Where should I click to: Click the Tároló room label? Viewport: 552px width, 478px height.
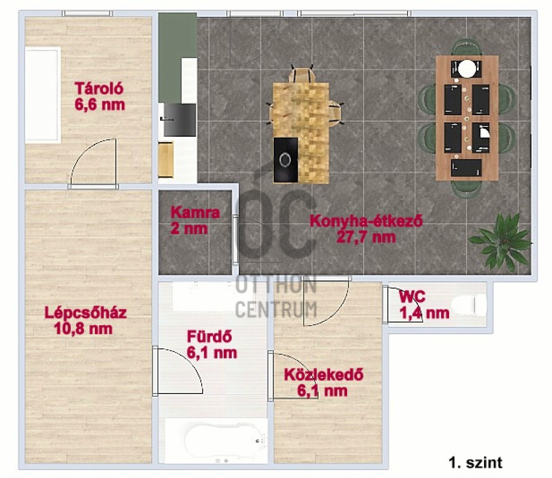tap(99, 89)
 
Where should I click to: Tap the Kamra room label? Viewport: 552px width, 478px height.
tap(195, 213)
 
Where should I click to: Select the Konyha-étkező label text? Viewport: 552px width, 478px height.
tap(366, 221)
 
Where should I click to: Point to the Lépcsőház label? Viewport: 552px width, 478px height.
tap(86, 313)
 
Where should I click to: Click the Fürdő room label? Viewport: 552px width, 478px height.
tap(210, 337)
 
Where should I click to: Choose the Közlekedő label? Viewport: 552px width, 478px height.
tap(323, 375)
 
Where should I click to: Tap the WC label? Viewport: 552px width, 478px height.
tap(412, 297)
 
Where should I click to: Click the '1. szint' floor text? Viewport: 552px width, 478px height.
tap(475, 462)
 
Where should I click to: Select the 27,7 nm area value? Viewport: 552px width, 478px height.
tap(366, 237)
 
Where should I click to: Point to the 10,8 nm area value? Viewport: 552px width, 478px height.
tap(84, 329)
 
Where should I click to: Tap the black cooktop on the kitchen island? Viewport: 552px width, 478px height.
tap(286, 160)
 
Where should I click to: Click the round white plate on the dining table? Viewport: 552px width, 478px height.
tap(466, 68)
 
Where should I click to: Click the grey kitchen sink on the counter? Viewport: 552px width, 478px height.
tap(179, 120)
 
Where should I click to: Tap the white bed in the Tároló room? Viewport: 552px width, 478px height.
tap(43, 95)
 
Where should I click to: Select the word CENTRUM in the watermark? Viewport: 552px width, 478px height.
tap(276, 310)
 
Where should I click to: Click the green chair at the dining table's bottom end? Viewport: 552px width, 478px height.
tap(466, 189)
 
